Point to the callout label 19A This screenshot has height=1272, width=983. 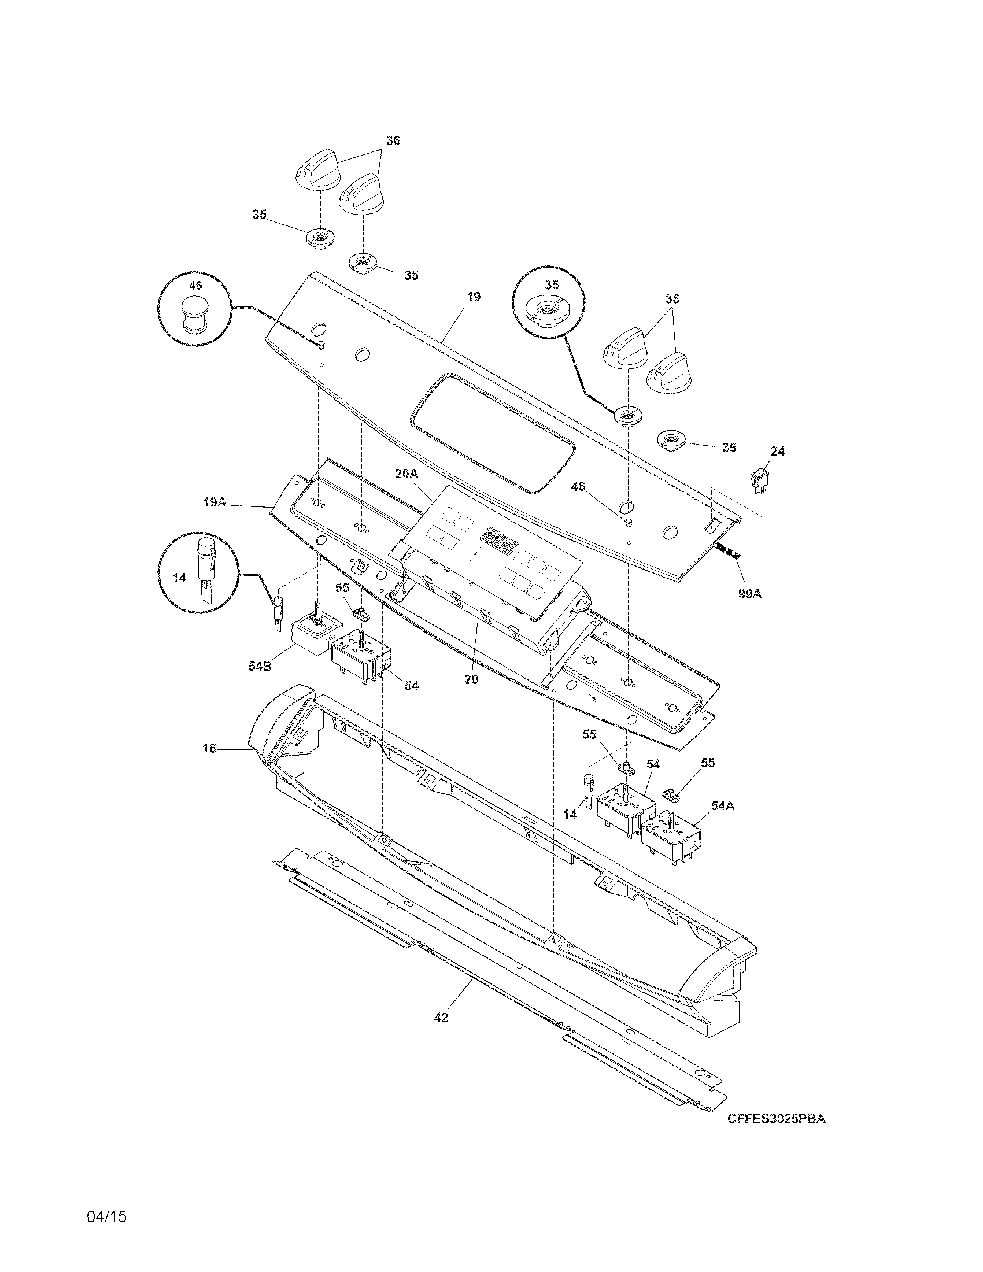[215, 501]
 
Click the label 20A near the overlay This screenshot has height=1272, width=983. [406, 474]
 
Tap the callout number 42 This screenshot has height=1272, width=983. [441, 1018]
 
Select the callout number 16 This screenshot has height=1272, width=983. [209, 748]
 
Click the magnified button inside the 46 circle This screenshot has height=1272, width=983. [195, 316]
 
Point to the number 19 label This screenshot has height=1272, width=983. [474, 297]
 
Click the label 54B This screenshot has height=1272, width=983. [260, 666]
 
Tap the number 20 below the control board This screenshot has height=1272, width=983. [471, 679]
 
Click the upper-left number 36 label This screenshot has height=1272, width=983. [393, 140]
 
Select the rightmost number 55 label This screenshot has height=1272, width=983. [707, 763]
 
